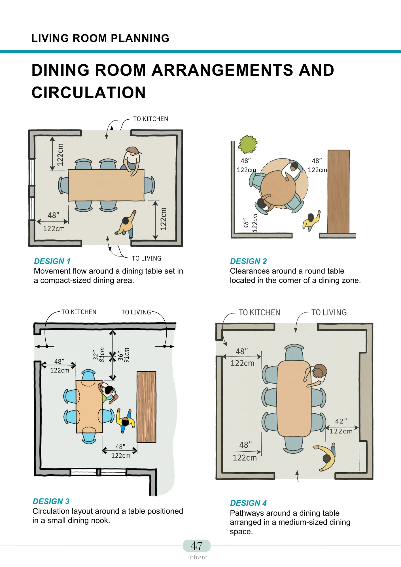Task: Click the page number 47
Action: (x=197, y=546)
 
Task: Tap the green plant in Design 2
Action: (x=248, y=144)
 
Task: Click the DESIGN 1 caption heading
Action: (x=52, y=261)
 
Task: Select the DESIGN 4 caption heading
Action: (x=248, y=503)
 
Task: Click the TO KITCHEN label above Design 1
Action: (x=150, y=119)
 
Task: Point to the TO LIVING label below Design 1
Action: (x=146, y=258)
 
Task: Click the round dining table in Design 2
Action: (x=278, y=188)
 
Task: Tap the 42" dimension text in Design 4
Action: (x=341, y=421)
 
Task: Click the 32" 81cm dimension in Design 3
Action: (x=99, y=355)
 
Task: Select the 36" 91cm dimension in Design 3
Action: (x=124, y=355)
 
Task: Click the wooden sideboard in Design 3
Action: (x=147, y=407)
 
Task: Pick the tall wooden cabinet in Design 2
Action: (x=338, y=191)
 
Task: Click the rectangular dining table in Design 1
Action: (x=106, y=185)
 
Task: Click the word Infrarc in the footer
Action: (x=198, y=557)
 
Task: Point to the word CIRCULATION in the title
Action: (x=89, y=93)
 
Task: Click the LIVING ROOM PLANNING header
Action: (x=100, y=38)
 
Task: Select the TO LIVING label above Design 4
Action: (x=329, y=312)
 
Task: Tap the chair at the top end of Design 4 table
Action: (x=294, y=352)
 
